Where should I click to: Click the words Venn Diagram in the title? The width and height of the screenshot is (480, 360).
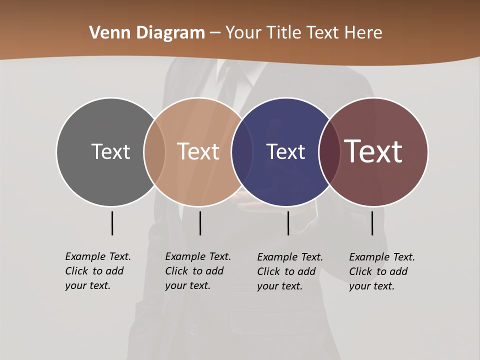[x=147, y=33]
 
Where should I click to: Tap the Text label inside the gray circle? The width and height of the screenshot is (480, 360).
[x=110, y=151]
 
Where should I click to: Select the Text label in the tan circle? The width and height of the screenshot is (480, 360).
[x=198, y=151]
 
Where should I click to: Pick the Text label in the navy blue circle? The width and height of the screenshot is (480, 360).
[x=285, y=151]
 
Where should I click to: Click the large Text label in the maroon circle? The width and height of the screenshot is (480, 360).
[x=373, y=151]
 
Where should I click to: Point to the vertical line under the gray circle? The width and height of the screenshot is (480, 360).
[x=112, y=223]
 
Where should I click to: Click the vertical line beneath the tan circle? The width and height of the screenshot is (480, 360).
[x=200, y=223]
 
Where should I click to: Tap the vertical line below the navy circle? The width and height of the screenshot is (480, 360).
[x=288, y=223]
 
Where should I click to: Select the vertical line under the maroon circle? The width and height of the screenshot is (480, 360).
[x=372, y=223]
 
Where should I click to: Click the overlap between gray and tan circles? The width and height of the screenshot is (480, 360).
[x=154, y=151]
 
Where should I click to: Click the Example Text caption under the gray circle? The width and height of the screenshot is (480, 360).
[x=98, y=271]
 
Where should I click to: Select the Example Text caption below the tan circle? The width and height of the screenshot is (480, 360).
[x=198, y=271]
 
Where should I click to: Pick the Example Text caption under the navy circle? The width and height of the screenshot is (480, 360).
[x=290, y=271]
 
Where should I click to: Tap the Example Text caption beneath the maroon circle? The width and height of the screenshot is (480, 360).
[x=382, y=271]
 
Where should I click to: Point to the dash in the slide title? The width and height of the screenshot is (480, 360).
[x=215, y=33]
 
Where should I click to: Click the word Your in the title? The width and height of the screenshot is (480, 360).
[x=244, y=33]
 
